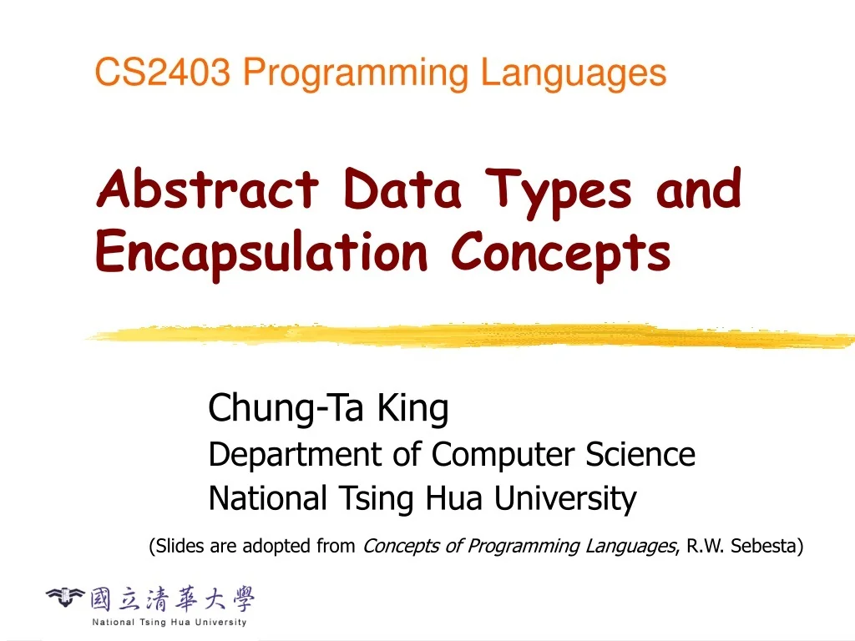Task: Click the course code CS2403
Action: pos(163,73)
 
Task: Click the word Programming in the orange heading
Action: pos(355,73)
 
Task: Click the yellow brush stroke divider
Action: pos(468,336)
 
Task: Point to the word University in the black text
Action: pos(564,499)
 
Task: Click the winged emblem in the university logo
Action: pos(65,598)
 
